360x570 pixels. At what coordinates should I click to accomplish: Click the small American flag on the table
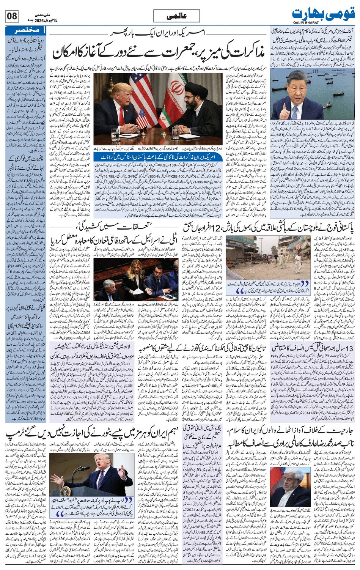click(142, 116)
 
